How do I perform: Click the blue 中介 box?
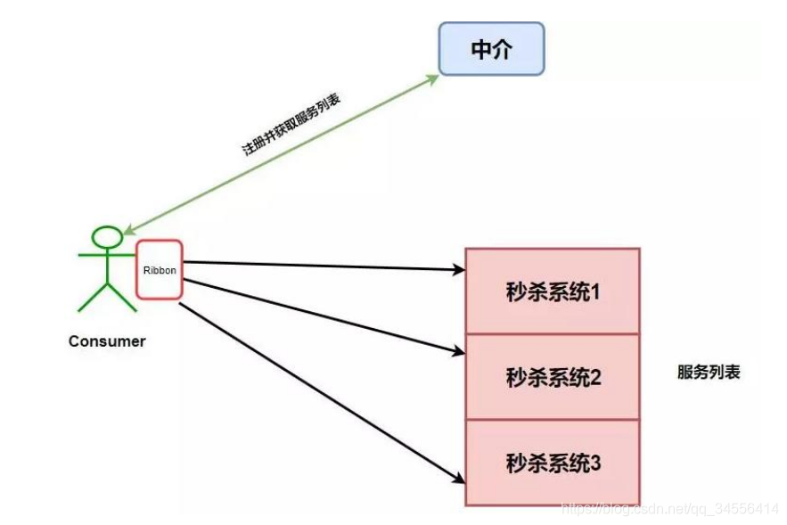[491, 49]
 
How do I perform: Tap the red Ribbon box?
[159, 268]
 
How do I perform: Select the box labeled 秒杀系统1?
[553, 291]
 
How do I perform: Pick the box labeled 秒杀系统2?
[553, 377]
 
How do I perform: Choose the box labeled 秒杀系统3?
[553, 463]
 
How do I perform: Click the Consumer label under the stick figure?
[107, 341]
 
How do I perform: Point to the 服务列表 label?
[709, 373]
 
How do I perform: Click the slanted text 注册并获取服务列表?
[291, 126]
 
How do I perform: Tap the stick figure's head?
[108, 237]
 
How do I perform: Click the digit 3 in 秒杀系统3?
[595, 463]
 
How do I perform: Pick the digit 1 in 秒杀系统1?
[595, 291]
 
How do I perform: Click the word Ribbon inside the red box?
[159, 267]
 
